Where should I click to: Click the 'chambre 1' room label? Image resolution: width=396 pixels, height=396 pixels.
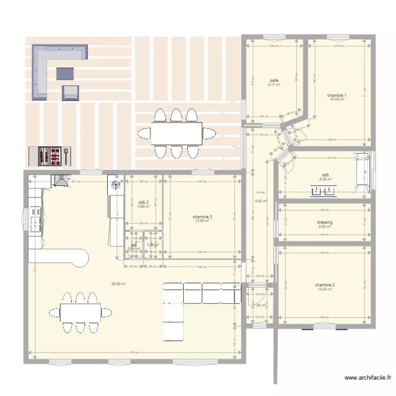pyautogui.click(x=337, y=95)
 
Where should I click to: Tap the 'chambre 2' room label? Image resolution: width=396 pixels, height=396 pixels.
pyautogui.click(x=325, y=285)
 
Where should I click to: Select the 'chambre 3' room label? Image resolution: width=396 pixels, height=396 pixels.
pyautogui.click(x=202, y=216)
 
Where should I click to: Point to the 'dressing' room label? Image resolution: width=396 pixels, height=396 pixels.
pyautogui.click(x=325, y=222)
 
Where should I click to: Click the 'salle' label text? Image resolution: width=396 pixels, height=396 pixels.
pyautogui.click(x=274, y=80)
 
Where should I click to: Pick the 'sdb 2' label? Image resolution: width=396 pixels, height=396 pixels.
pyautogui.click(x=143, y=202)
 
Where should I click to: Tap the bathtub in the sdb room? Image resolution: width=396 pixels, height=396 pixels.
pyautogui.click(x=362, y=173)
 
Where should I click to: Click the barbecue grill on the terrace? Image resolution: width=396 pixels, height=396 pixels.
pyautogui.click(x=49, y=156)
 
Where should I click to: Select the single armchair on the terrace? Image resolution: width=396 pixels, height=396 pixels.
pyautogui.click(x=70, y=92)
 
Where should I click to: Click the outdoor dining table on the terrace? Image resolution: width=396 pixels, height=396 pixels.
pyautogui.click(x=176, y=133)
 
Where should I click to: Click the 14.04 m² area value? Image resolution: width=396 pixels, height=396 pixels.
pyautogui.click(x=325, y=289)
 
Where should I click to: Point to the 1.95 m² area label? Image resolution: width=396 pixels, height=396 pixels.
pyautogui.click(x=259, y=305)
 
